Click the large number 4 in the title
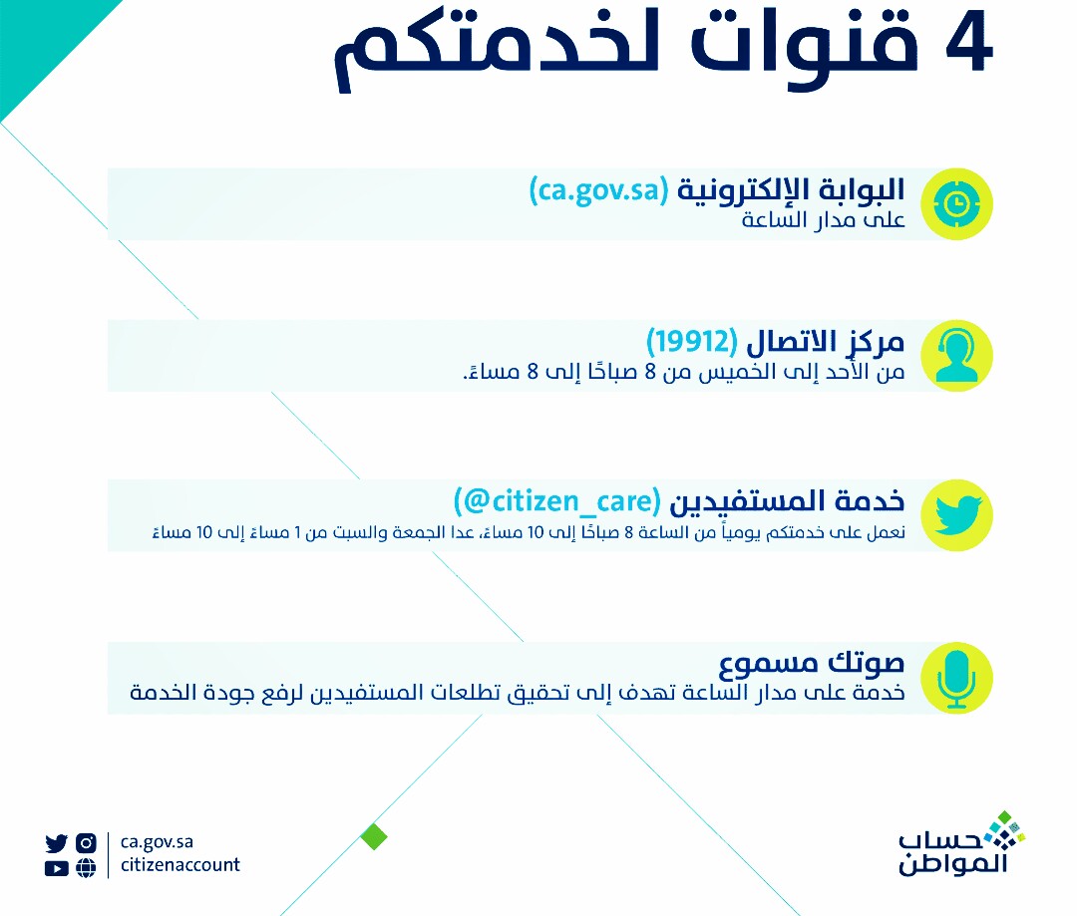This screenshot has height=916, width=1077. (968, 43)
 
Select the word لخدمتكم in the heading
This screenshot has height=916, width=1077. (496, 50)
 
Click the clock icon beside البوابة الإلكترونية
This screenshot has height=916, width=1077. (956, 204)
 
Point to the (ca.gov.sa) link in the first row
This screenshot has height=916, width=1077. (598, 190)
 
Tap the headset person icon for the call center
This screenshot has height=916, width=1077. (956, 356)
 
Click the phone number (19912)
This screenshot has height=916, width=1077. (692, 341)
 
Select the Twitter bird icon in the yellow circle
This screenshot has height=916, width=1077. (956, 515)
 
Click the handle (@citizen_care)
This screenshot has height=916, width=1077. (557, 501)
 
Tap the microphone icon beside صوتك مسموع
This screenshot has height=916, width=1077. (956, 678)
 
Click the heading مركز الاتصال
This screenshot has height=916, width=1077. (825, 342)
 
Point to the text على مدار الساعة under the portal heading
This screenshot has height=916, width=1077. (823, 219)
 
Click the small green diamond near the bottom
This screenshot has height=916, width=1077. (374, 836)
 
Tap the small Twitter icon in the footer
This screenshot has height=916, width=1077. (56, 842)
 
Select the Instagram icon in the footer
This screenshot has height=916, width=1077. (86, 842)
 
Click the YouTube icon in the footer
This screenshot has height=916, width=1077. (56, 868)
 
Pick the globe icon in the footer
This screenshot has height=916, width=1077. (86, 868)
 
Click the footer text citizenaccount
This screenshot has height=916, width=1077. (179, 864)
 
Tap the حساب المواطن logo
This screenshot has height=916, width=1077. (961, 844)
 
